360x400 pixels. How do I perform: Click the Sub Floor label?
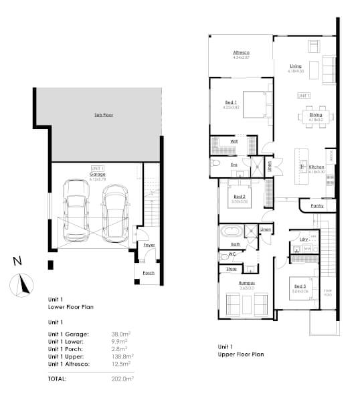click(103, 115)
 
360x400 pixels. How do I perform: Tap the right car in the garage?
click(116, 213)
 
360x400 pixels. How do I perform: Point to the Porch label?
click(148, 272)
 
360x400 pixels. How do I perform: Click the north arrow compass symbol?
click(22, 283)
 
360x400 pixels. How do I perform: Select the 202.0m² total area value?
click(122, 379)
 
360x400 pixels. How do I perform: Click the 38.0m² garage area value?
click(121, 332)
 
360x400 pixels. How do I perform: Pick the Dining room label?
click(315, 115)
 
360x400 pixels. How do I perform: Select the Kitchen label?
click(317, 167)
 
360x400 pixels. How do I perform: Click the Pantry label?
click(317, 206)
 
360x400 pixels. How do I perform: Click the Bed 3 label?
click(300, 286)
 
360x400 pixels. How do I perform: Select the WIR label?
click(234, 142)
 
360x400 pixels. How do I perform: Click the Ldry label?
click(303, 238)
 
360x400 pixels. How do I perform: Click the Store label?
click(232, 269)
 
